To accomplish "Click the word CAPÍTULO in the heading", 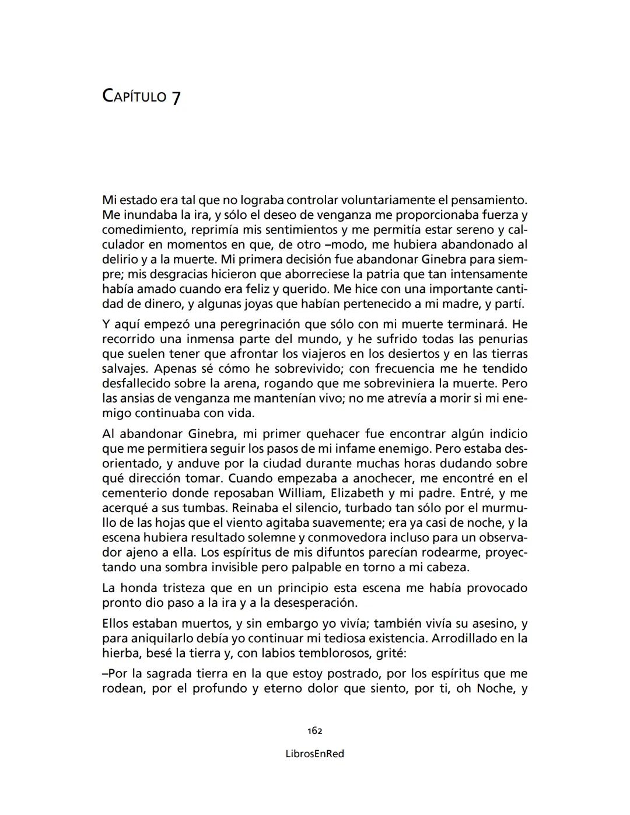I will coord(134,96).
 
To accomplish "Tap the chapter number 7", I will coord(176,97).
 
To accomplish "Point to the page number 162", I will coord(315,731).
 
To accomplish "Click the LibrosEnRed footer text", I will coord(315,754).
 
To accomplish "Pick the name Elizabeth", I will coord(357,493).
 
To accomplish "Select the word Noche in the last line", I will coord(495,688).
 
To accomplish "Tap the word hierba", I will coord(118,653).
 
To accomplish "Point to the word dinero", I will coord(160,304).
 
